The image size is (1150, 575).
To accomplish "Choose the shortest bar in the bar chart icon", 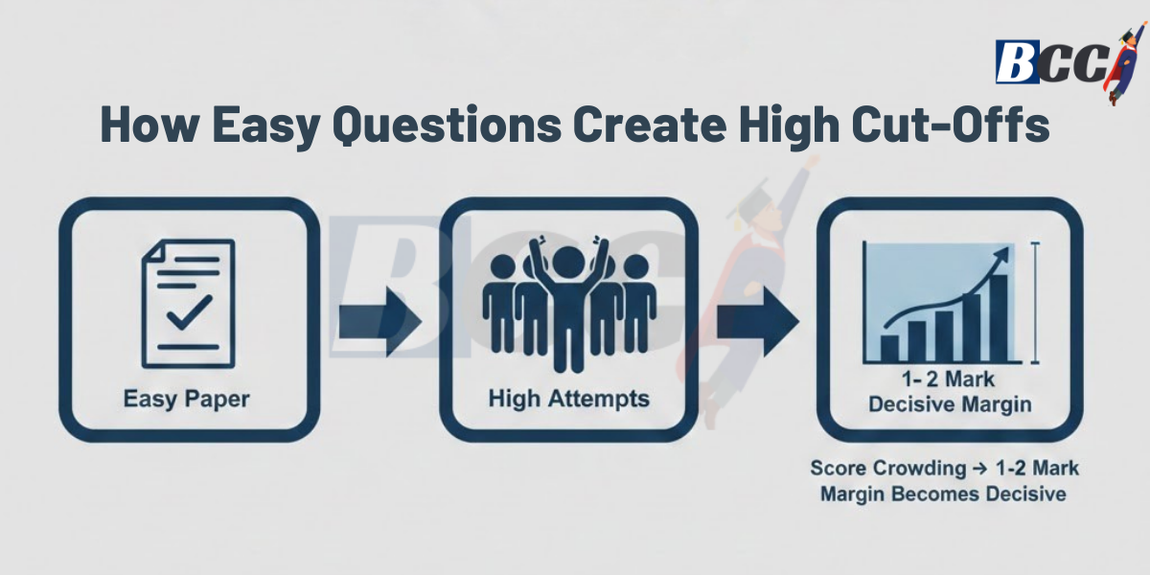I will tap(890, 346).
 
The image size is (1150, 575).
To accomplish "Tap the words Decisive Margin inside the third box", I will tap(950, 404).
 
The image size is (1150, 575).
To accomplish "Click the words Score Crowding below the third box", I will tap(873, 470).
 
